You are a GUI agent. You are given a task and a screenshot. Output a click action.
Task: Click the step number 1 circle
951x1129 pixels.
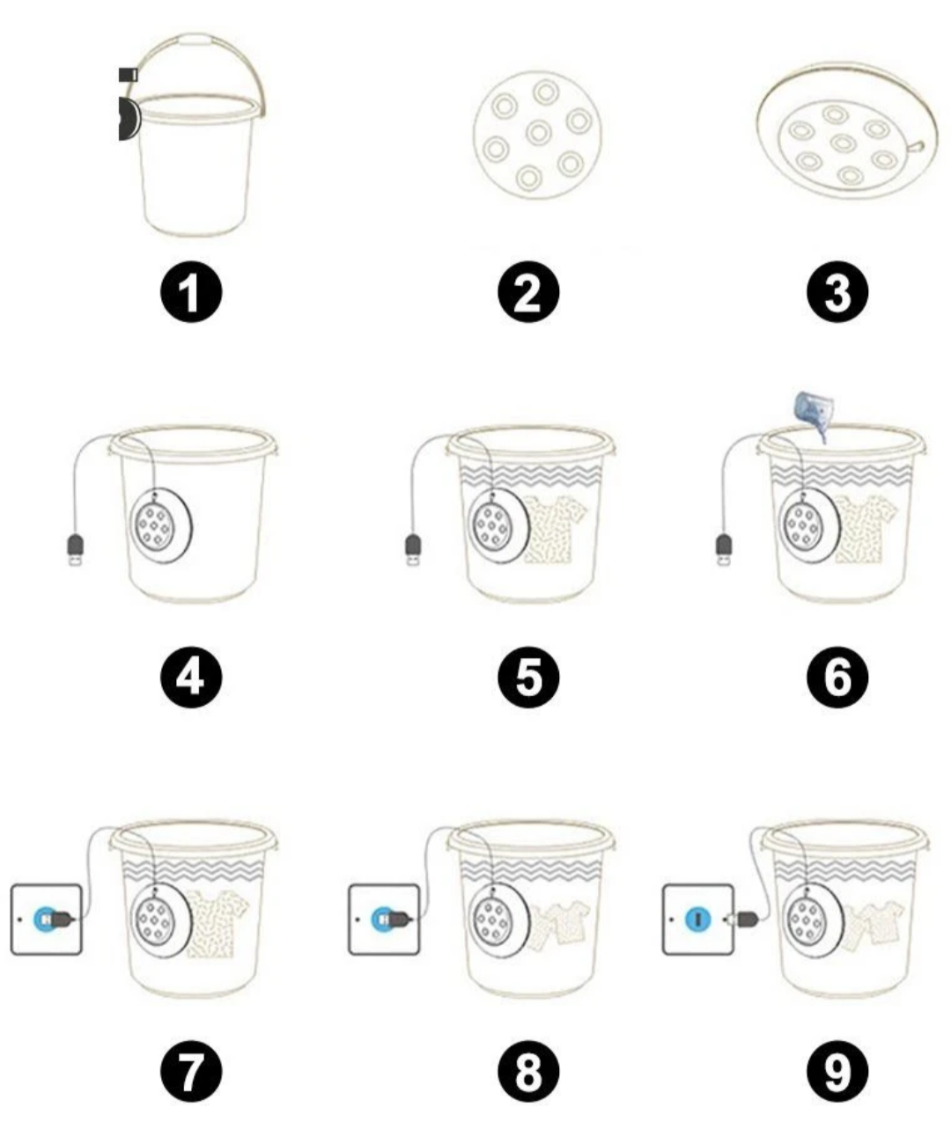[190, 294]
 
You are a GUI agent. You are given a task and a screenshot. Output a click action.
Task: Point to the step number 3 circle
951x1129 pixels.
[837, 294]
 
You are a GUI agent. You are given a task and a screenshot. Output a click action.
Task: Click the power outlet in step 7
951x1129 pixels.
[46, 920]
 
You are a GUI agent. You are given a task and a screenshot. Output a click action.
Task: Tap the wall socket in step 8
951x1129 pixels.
[383, 920]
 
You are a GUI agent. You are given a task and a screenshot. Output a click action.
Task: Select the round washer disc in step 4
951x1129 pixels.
[160, 525]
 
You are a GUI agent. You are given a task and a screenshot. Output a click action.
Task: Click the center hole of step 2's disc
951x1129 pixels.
[538, 133]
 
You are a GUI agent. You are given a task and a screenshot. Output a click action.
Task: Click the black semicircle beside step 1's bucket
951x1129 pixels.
[128, 119]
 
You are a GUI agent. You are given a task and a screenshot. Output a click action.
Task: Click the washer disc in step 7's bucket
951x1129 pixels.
[158, 917]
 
